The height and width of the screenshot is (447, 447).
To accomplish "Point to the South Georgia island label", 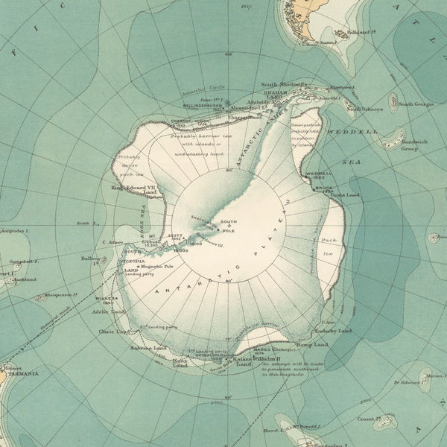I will coord(415,104).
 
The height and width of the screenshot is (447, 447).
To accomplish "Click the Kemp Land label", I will coord(311,344).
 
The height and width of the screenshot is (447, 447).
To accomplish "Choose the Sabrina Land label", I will coord(150,348).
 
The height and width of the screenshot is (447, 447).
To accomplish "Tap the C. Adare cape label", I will coord(110,242).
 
